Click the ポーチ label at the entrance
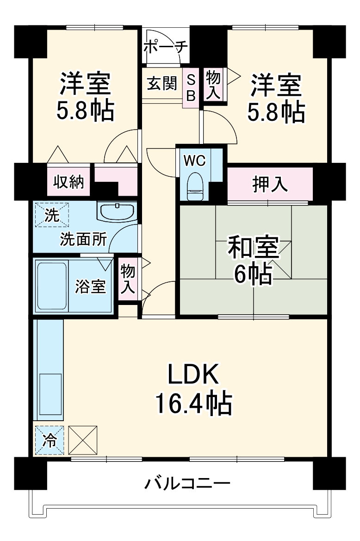(165, 47)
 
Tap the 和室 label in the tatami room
(252, 248)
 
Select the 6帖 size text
(252, 274)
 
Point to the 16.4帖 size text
(193, 404)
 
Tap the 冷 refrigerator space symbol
(49, 440)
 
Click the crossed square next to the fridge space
(83, 440)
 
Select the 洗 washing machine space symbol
(51, 214)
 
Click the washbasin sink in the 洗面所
(117, 211)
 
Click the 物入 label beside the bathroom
(128, 279)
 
